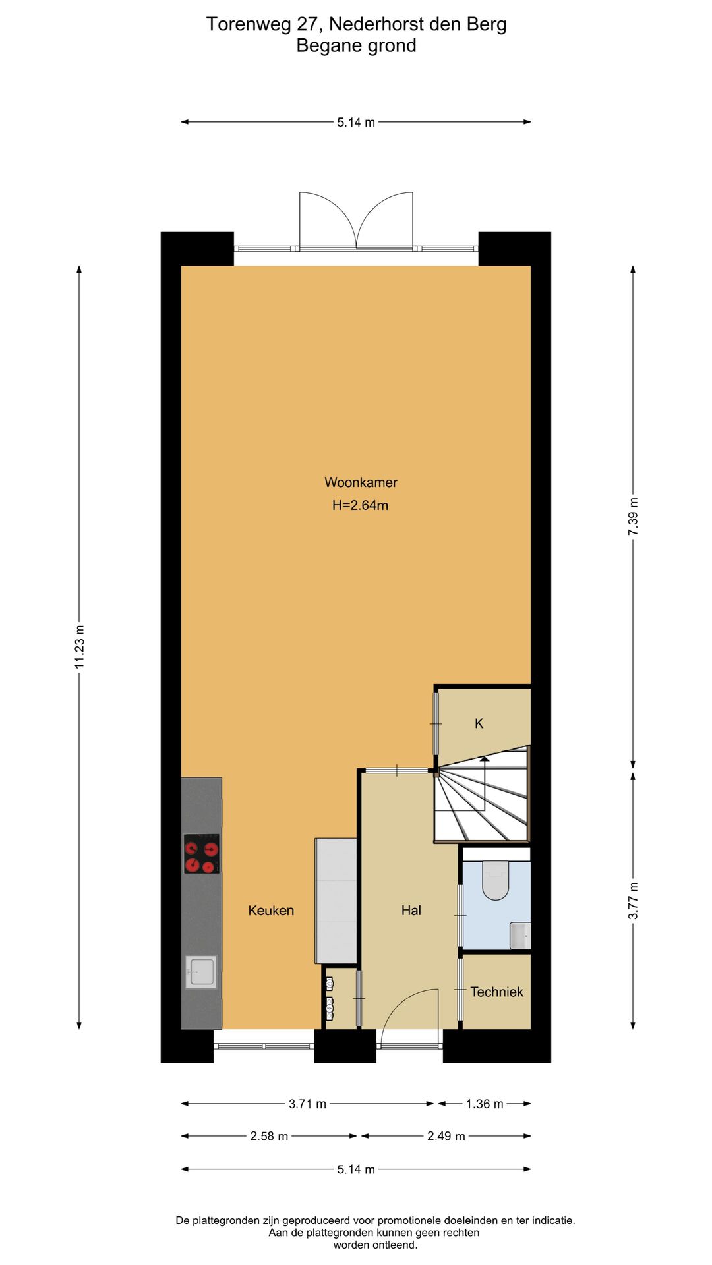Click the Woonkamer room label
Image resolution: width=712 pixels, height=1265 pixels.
click(361, 482)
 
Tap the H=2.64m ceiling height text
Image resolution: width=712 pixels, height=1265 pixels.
click(360, 505)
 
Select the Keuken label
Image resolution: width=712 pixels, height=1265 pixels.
click(271, 911)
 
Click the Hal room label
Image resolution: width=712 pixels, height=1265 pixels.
click(411, 911)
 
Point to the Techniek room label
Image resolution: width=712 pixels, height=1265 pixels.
click(497, 992)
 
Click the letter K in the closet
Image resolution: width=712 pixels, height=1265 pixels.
click(479, 723)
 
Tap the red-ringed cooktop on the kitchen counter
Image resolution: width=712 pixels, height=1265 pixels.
click(201, 854)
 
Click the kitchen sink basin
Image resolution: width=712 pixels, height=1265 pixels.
click(201, 972)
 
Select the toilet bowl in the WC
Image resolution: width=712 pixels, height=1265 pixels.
click(496, 880)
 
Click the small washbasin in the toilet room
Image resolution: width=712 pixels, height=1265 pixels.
click(520, 936)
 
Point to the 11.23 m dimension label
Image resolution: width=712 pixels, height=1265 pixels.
click(80, 646)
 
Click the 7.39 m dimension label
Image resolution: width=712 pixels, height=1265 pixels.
click(633, 517)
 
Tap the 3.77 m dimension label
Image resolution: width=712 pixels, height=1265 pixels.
click(633, 901)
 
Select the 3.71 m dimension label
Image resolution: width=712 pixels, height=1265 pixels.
click(307, 1104)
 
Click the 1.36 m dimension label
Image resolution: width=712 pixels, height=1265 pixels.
click(485, 1104)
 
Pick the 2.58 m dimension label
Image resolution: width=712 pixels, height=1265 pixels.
click(269, 1136)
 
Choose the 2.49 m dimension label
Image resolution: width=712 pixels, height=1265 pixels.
click(446, 1136)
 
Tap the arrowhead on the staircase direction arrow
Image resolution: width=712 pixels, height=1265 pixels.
click(485, 760)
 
